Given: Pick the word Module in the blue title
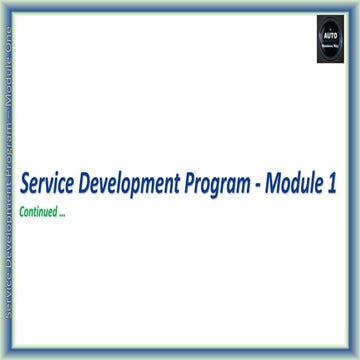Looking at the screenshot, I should pyautogui.click(x=298, y=186).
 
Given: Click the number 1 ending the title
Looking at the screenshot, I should pyautogui.click(x=331, y=186).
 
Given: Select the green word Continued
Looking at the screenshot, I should pyautogui.click(x=41, y=211).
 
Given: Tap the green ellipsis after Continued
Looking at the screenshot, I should pyautogui.click(x=62, y=213).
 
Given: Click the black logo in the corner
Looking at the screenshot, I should pyautogui.click(x=330, y=39).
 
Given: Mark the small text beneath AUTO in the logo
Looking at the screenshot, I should pyautogui.click(x=330, y=46).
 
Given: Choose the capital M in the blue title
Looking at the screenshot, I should pyautogui.click(x=277, y=186).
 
